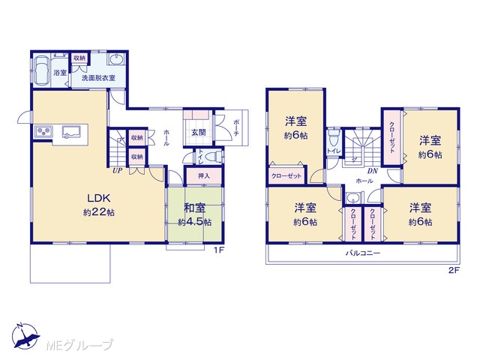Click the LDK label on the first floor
[98, 198]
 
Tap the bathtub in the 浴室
[42, 70]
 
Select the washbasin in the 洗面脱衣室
[116, 59]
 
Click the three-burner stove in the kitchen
[43, 132]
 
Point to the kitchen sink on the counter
[71, 132]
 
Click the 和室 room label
[194, 208]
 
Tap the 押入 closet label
[203, 176]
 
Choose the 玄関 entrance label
[198, 133]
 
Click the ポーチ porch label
[236, 127]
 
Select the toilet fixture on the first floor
[213, 157]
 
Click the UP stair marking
[117, 171]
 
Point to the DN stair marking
[372, 171]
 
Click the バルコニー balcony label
[363, 253]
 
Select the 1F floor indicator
[219, 250]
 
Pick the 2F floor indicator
[454, 270]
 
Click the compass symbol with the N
[25, 336]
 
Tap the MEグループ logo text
[79, 345]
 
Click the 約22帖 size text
[98, 212]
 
